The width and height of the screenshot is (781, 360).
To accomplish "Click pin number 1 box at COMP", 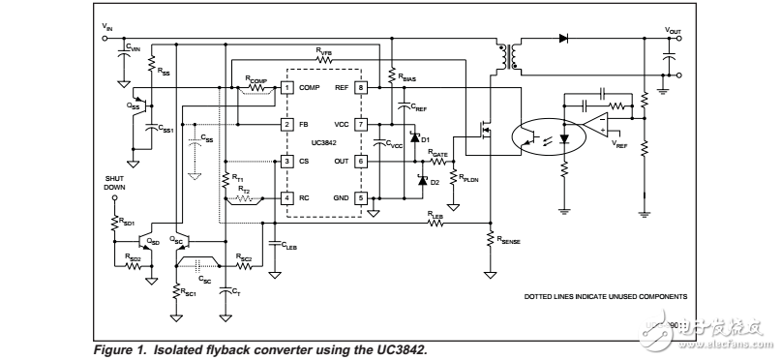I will click(286, 87).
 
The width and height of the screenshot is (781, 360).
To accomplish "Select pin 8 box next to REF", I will click(360, 87).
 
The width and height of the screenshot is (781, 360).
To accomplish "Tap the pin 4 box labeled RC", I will click(286, 197).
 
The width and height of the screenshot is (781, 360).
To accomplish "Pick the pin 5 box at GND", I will click(360, 197).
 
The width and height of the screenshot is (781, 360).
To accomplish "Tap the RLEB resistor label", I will click(436, 214).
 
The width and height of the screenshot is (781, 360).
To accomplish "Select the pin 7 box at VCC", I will click(360, 124).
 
